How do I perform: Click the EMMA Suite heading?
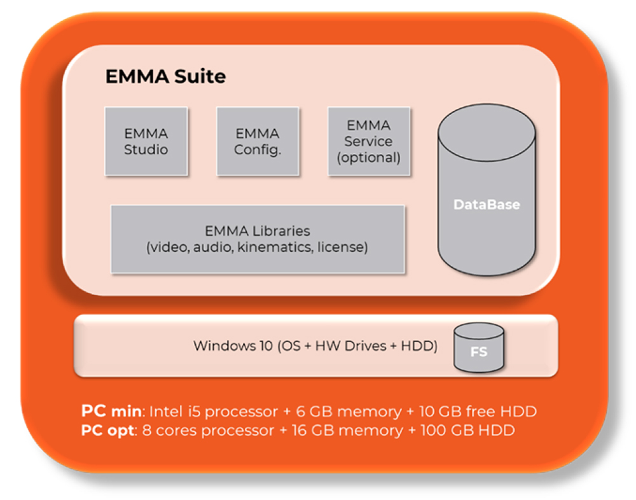pyautogui.click(x=165, y=77)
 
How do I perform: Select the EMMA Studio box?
pyautogui.click(x=146, y=141)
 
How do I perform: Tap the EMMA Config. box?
pyautogui.click(x=258, y=141)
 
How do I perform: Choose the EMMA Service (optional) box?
pyautogui.click(x=369, y=141)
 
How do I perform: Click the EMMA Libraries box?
pyautogui.click(x=258, y=239)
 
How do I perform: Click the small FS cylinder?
pyautogui.click(x=479, y=348)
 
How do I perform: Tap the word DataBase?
pyautogui.click(x=487, y=205)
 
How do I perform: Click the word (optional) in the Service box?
pyautogui.click(x=369, y=157)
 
